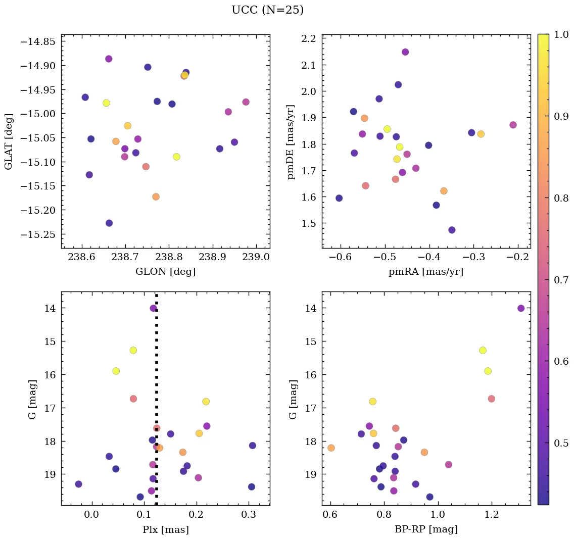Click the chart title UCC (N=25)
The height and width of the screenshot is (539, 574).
click(267, 10)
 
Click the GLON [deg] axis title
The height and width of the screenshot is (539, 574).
click(165, 272)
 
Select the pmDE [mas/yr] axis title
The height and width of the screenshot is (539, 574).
click(291, 142)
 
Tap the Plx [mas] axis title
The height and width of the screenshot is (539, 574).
click(165, 529)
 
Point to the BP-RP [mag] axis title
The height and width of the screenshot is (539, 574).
click(426, 529)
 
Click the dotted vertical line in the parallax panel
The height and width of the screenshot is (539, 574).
click(157, 394)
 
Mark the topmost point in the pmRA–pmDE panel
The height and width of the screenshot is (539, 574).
click(405, 52)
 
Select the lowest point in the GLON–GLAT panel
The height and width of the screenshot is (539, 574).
click(109, 223)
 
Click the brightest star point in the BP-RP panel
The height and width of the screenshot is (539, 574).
click(521, 308)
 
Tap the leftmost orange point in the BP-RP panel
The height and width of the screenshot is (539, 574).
click(331, 448)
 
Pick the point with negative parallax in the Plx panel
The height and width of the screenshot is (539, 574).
click(78, 484)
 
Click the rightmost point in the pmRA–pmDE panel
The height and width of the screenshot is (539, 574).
click(513, 125)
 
